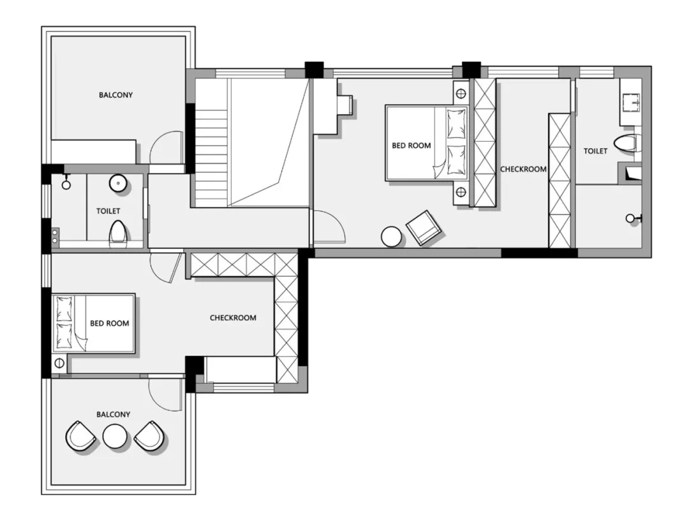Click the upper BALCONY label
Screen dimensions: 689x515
(x=115, y=95)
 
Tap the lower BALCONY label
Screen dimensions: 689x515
(x=114, y=414)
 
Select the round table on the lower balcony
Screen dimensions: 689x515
(x=115, y=437)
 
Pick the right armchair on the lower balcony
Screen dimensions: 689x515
(x=149, y=436)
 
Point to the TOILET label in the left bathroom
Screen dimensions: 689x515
(x=108, y=211)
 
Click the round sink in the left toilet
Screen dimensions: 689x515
(x=118, y=183)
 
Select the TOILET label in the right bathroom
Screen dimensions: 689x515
(x=595, y=151)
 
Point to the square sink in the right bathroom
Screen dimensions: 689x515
(x=631, y=102)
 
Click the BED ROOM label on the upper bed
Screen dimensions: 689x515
(x=411, y=146)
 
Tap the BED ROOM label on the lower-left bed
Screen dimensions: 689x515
(x=110, y=324)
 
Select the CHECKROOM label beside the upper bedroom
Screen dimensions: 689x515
(x=523, y=169)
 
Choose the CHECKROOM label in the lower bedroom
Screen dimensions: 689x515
(x=233, y=318)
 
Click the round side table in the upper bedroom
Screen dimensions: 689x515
(x=391, y=236)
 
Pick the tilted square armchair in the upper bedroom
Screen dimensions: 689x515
(x=423, y=228)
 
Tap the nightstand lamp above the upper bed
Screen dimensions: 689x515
(x=461, y=94)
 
